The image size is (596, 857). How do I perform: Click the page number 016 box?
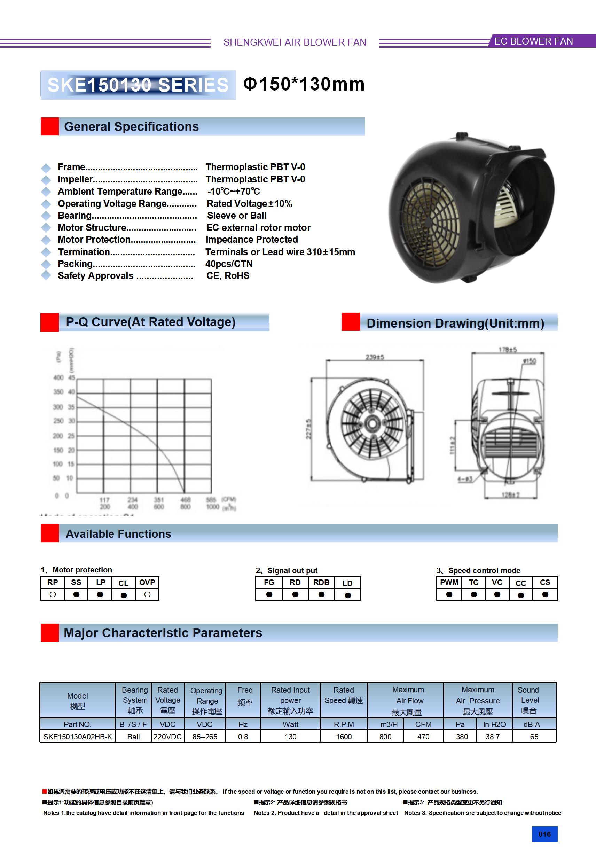(x=544, y=834)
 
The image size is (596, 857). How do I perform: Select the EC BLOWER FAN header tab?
(x=533, y=41)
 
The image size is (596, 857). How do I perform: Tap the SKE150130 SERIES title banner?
(x=138, y=85)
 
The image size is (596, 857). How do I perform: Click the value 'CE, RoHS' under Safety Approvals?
(x=228, y=275)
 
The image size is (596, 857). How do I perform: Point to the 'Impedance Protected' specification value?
(x=252, y=239)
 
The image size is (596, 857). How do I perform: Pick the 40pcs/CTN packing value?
(x=229, y=264)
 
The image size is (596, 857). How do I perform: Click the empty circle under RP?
(x=53, y=594)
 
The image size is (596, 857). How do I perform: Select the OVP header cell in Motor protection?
(x=147, y=582)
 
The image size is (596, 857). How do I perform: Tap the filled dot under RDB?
(x=321, y=594)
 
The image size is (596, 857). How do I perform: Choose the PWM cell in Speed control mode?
(x=449, y=582)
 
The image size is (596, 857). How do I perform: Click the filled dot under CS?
(x=545, y=594)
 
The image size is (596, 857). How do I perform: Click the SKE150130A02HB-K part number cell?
(x=78, y=737)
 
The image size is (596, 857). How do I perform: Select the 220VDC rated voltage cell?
(x=167, y=737)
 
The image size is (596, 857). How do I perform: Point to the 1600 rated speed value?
(x=344, y=737)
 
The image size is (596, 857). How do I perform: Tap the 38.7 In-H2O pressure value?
(x=493, y=737)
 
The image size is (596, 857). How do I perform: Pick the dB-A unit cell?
(x=532, y=724)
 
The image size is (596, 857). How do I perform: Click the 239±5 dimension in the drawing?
(x=375, y=357)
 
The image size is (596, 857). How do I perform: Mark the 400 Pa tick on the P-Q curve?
(x=58, y=378)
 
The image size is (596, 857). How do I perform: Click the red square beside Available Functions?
(x=50, y=533)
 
